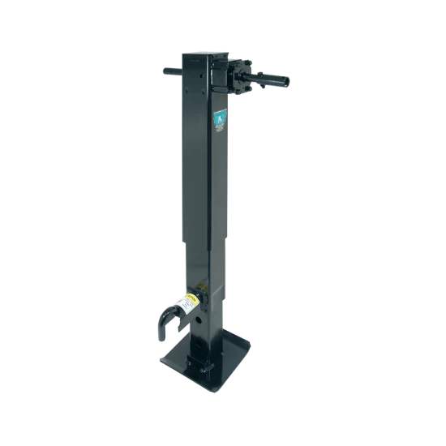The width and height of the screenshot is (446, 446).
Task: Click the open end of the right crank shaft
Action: pyautogui.click(x=285, y=82)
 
